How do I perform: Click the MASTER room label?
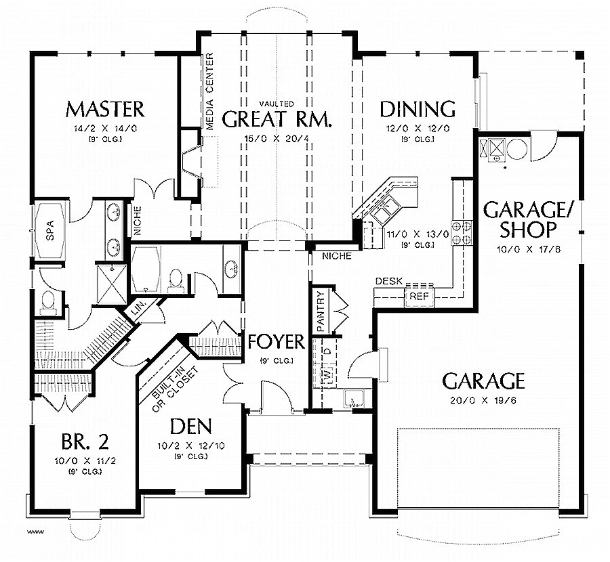pyautogui.click(x=105, y=108)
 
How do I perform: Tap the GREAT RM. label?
pyautogui.click(x=277, y=121)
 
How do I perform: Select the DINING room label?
pyautogui.click(x=416, y=108)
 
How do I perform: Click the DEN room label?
pyautogui.click(x=190, y=427)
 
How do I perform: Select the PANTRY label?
pyautogui.click(x=321, y=311)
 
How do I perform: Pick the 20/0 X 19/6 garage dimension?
pyautogui.click(x=483, y=400)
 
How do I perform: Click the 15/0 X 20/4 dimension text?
pyautogui.click(x=277, y=139)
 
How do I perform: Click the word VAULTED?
pyautogui.click(x=277, y=104)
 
